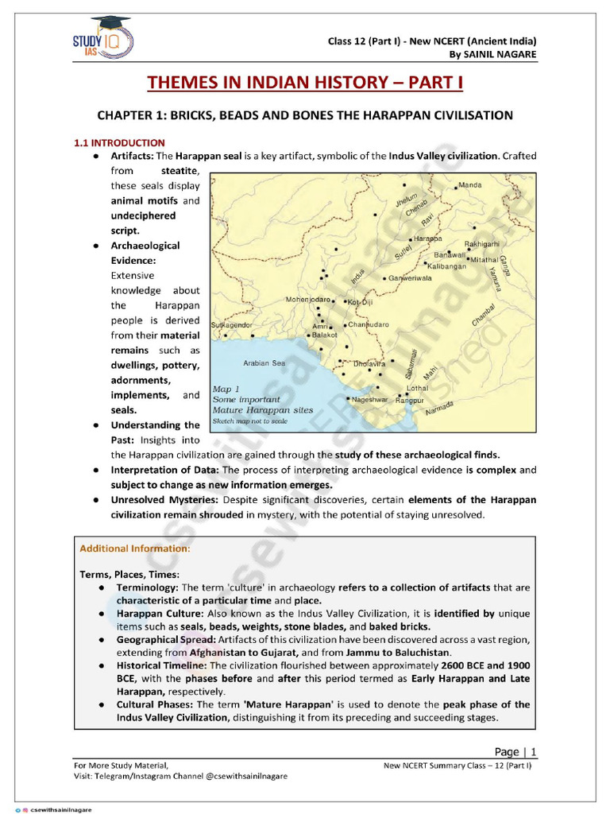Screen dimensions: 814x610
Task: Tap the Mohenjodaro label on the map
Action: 308,300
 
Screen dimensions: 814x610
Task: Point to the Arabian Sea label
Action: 264,363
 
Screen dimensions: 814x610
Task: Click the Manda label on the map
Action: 470,185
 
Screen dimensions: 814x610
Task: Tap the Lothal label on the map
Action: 417,388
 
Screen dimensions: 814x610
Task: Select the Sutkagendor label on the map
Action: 232,325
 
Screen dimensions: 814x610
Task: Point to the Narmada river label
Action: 439,408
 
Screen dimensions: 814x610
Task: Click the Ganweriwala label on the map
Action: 410,278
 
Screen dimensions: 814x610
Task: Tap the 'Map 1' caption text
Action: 226,389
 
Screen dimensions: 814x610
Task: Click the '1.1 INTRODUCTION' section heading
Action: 119,142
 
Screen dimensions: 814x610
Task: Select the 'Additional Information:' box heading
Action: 135,548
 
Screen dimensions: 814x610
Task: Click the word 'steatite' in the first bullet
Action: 180,171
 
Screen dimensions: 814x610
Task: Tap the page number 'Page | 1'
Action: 515,751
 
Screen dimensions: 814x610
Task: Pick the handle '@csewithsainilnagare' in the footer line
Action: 237,775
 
